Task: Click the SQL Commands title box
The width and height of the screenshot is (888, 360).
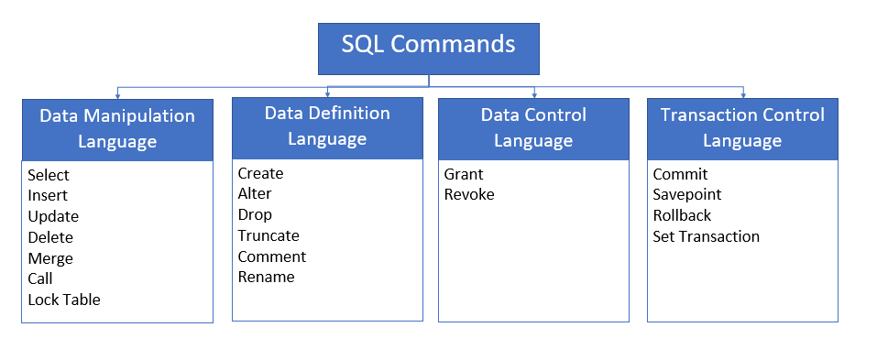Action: click(x=428, y=49)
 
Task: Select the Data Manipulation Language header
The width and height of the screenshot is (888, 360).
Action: click(x=117, y=129)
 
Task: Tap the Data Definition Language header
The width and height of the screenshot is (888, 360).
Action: click(x=327, y=126)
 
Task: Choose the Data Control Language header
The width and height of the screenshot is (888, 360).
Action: click(x=533, y=128)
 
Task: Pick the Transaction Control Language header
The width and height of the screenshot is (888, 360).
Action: click(x=742, y=128)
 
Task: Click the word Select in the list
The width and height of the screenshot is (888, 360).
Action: click(x=49, y=175)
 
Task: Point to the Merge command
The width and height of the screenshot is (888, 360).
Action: click(x=50, y=258)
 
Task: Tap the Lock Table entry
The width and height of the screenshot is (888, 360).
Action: click(x=64, y=300)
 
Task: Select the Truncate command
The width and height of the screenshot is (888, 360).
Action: click(x=268, y=235)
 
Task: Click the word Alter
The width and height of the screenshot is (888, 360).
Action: click(x=255, y=193)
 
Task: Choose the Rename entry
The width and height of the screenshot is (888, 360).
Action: click(x=266, y=277)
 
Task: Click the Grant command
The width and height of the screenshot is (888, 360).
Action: click(x=464, y=174)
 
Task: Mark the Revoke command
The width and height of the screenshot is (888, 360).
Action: click(x=469, y=194)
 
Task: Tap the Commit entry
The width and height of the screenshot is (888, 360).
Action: click(x=680, y=174)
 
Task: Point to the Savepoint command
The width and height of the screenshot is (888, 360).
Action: click(x=687, y=194)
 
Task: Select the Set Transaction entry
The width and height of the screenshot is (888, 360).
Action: click(x=706, y=236)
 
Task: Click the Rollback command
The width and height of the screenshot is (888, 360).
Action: click(x=682, y=215)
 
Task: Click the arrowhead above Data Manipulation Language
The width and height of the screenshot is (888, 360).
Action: click(x=117, y=95)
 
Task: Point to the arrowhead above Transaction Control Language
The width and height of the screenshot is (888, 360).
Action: click(x=742, y=95)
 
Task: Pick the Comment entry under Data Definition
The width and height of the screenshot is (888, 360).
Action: click(x=271, y=256)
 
